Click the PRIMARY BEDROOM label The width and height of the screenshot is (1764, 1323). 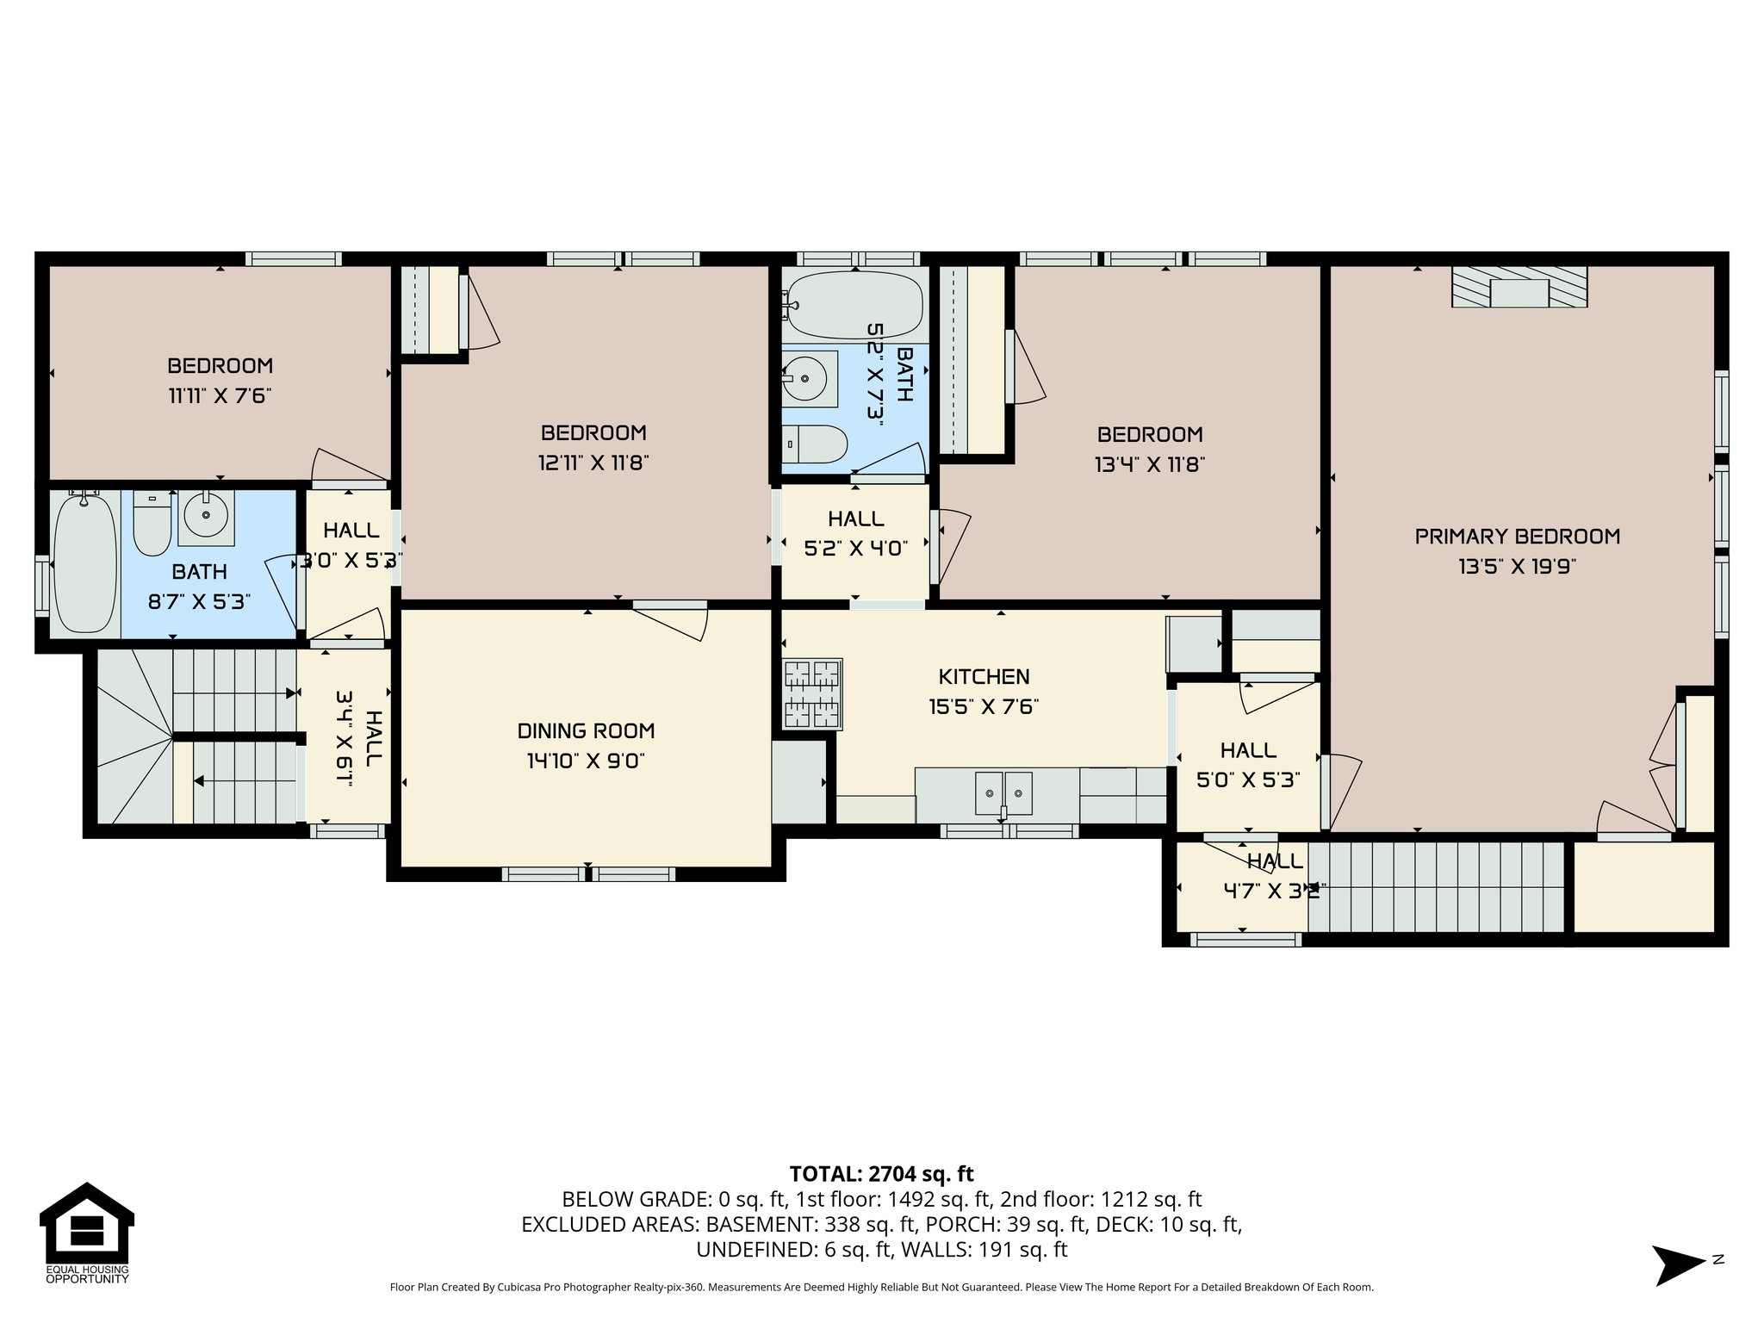click(x=1517, y=537)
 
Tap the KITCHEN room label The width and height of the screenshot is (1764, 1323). click(x=984, y=676)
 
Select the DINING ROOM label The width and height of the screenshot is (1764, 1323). click(x=586, y=730)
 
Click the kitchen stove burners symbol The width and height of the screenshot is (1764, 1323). click(x=812, y=693)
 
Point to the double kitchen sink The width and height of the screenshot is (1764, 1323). click(x=1003, y=793)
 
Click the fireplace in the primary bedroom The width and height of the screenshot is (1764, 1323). click(x=1519, y=287)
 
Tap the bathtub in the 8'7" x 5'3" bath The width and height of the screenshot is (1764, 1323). click(x=84, y=564)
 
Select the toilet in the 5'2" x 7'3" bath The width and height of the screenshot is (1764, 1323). click(x=818, y=444)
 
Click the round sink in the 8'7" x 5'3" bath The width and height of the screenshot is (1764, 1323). click(x=207, y=518)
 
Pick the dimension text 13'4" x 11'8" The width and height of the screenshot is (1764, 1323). click(x=1149, y=465)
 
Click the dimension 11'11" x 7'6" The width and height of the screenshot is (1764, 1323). click(x=220, y=396)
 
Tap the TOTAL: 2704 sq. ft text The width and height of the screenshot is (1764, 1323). click(x=881, y=1173)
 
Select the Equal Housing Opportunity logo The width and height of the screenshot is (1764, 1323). click(x=86, y=1232)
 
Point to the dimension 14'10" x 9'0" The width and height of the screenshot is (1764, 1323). click(x=586, y=761)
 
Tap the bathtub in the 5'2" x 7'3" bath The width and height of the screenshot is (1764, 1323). click(x=855, y=305)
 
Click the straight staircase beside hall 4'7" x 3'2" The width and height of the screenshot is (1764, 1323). click(x=1435, y=887)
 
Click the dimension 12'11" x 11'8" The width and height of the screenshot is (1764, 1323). click(x=593, y=463)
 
